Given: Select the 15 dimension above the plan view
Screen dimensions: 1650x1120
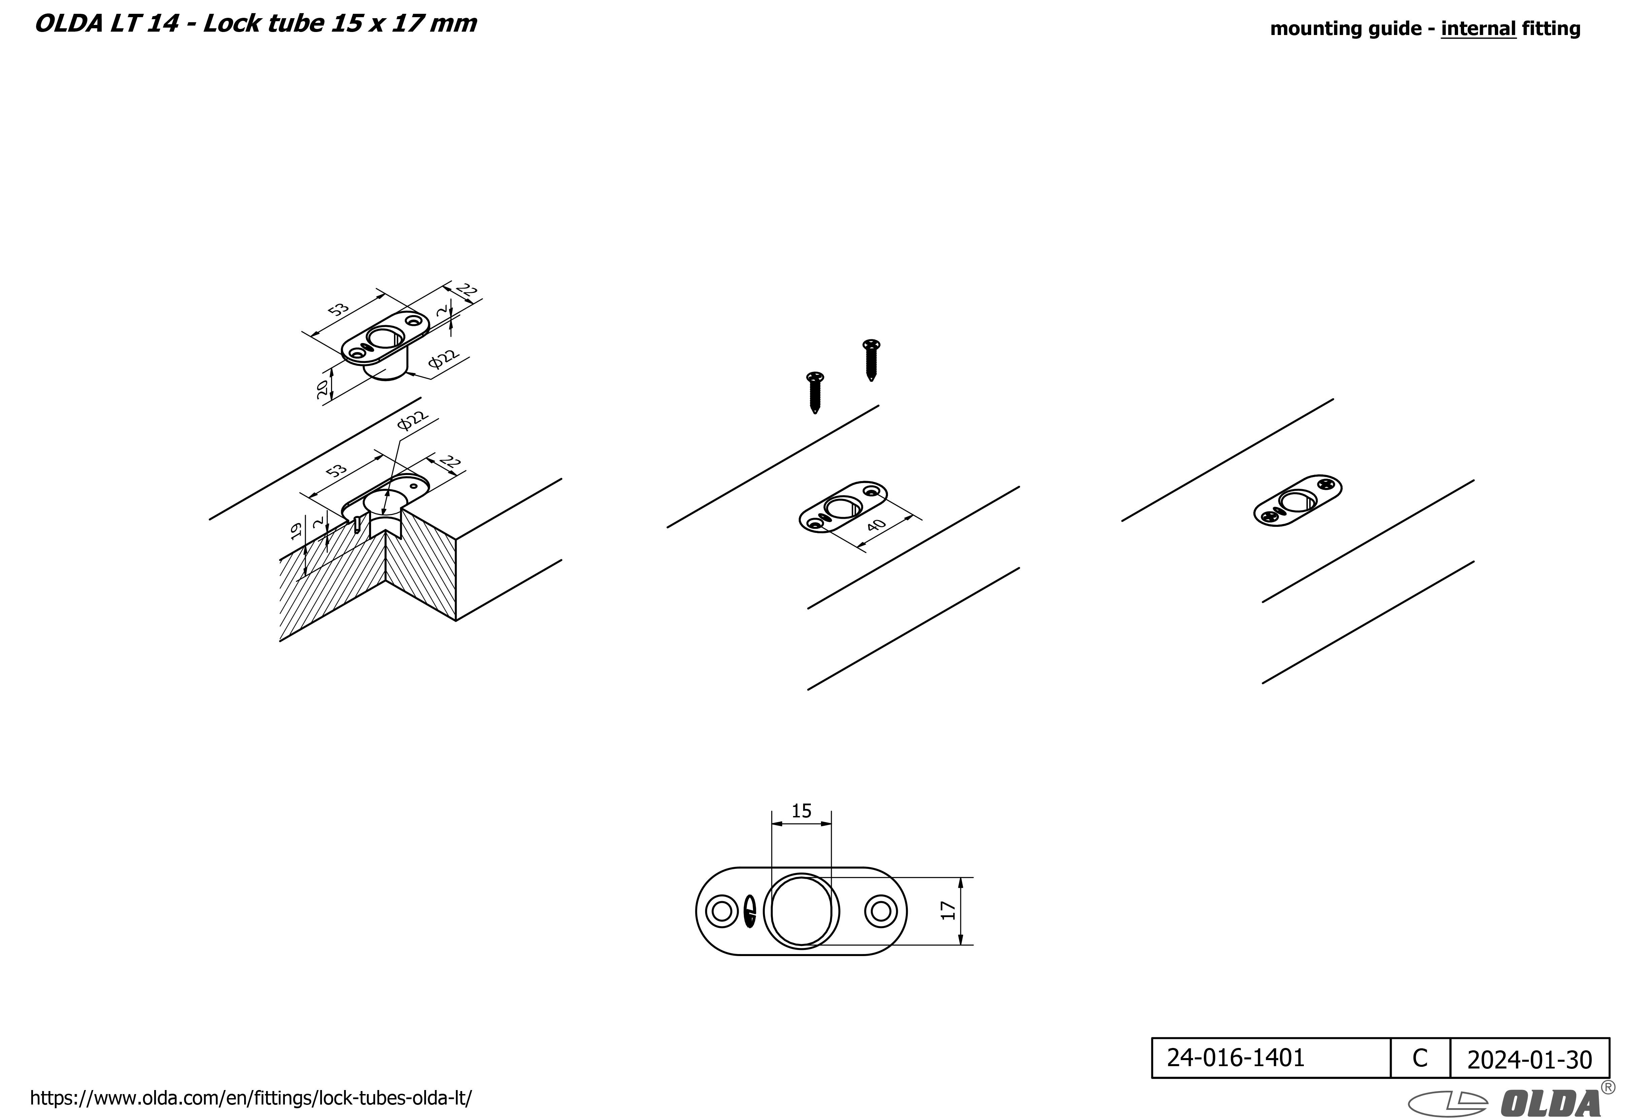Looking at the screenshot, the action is click(801, 811).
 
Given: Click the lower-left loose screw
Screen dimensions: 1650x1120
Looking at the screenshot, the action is click(815, 393).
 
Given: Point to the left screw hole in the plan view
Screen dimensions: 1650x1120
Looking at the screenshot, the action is click(721, 911).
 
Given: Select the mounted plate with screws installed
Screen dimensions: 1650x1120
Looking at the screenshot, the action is click(1298, 500).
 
